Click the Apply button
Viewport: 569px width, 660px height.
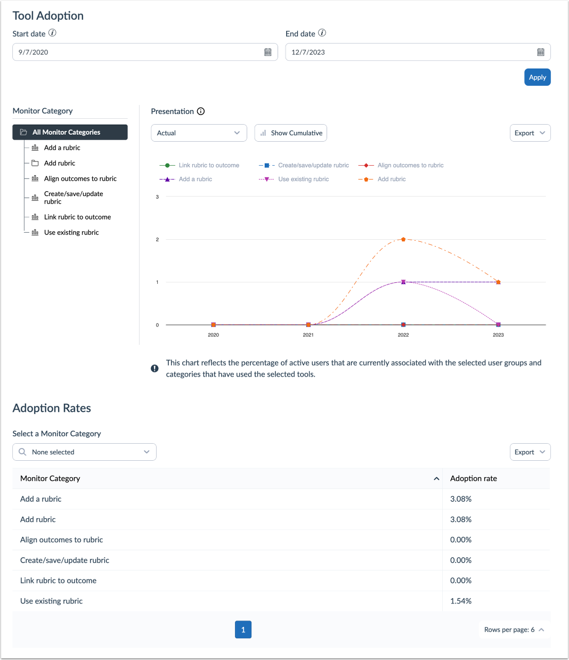click(x=537, y=77)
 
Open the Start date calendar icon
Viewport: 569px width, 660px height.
click(x=268, y=52)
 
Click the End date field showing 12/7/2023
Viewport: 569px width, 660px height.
click(x=410, y=52)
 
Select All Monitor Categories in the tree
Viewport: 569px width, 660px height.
click(x=70, y=132)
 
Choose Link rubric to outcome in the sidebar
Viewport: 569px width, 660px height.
click(x=77, y=217)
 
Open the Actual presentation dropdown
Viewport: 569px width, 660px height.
click(x=199, y=133)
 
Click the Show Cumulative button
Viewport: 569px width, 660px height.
click(x=291, y=133)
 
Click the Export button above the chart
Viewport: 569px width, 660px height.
click(x=530, y=133)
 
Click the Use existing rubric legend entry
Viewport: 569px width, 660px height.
click(x=303, y=179)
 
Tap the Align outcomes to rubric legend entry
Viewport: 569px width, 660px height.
click(x=410, y=165)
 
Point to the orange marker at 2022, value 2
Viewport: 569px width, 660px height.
click(x=403, y=239)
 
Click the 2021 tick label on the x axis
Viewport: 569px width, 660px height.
click(x=308, y=335)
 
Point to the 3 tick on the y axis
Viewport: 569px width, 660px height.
click(x=157, y=197)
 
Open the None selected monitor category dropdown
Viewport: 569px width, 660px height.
click(x=84, y=452)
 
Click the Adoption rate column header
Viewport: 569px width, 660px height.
click(x=474, y=478)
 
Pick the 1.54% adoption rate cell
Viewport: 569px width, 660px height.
click(x=461, y=601)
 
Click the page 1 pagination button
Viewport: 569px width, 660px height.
click(x=243, y=630)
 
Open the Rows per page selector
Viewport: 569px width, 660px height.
click(x=514, y=630)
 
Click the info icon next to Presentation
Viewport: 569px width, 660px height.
click(x=201, y=111)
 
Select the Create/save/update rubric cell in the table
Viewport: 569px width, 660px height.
click(x=64, y=560)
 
